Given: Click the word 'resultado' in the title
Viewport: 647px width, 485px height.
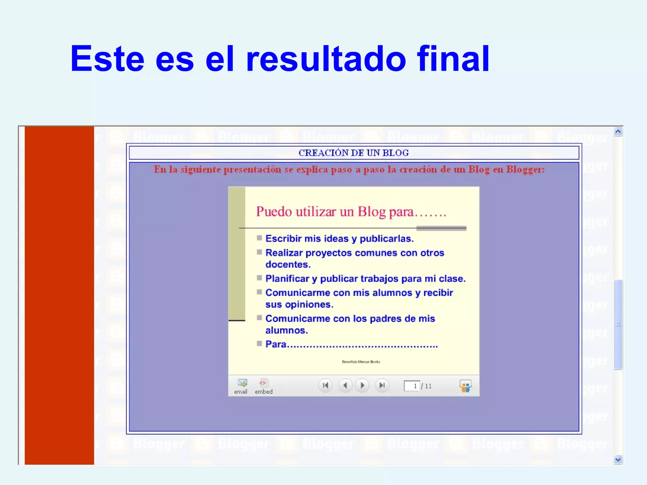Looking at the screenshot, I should (325, 59).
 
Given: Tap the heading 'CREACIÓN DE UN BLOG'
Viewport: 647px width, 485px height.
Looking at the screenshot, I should (354, 153).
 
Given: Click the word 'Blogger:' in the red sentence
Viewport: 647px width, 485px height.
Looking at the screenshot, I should (525, 170).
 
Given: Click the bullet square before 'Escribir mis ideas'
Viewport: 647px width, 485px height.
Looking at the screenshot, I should (259, 238).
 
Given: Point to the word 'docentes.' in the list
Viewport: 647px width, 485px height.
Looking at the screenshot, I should (288, 265).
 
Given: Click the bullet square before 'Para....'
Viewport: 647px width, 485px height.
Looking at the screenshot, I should (259, 344).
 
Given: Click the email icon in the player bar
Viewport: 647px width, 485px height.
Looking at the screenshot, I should (242, 383).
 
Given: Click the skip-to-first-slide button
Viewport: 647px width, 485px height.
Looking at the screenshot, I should (325, 385).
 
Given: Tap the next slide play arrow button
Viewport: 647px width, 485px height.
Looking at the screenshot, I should (362, 385).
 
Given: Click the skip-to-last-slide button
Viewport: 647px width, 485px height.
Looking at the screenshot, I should (382, 385).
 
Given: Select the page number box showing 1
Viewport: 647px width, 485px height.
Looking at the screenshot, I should (411, 386).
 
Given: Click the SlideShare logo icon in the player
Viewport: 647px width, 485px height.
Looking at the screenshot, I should (465, 386).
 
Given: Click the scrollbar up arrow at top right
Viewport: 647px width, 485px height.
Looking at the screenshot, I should (618, 131).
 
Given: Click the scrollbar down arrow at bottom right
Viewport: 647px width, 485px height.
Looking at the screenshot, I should (618, 460).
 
